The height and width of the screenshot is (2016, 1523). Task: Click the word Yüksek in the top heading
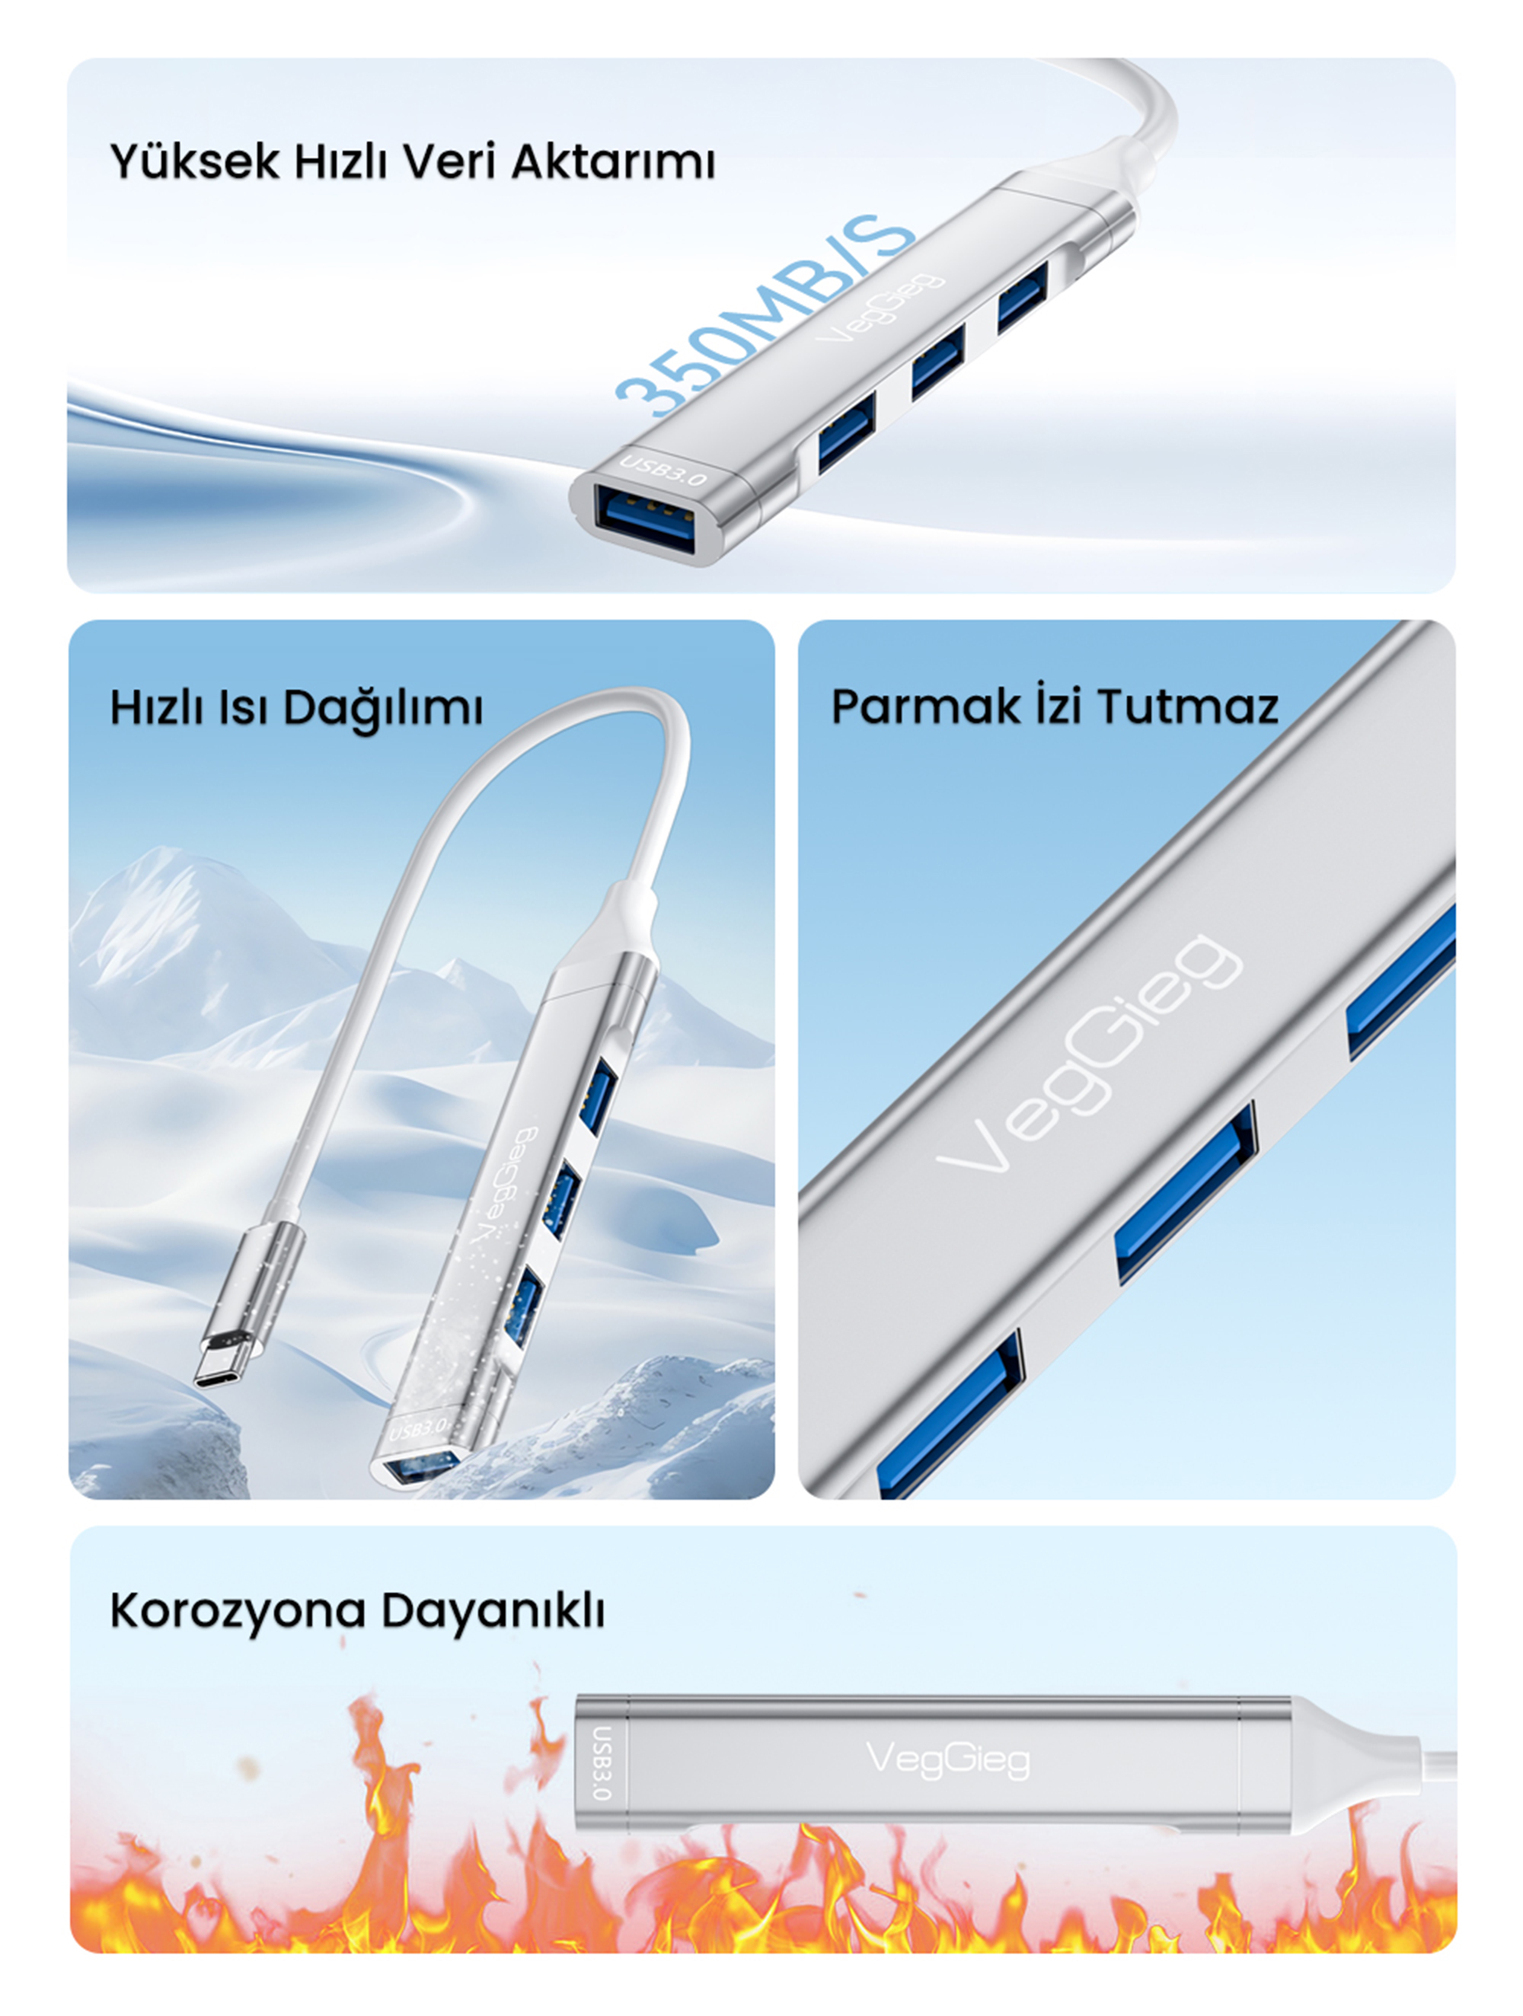pos(194,161)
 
